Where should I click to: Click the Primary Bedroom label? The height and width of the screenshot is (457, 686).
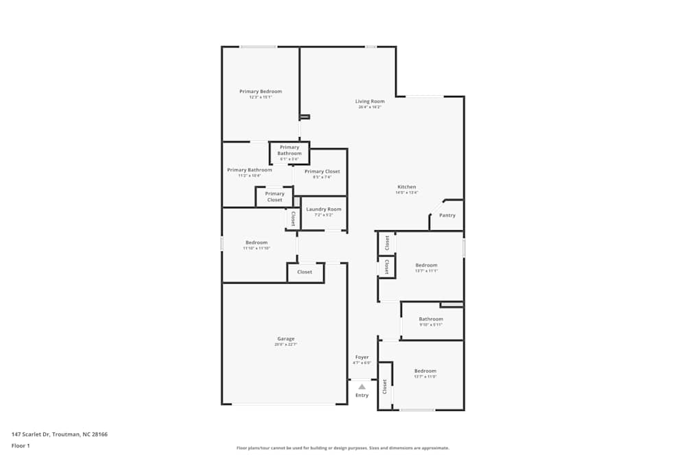[x=260, y=91]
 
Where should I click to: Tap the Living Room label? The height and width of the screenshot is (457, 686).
[x=370, y=101]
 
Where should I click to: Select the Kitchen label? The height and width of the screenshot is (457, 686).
[x=407, y=187]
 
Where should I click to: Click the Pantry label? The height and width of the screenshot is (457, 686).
[x=447, y=215]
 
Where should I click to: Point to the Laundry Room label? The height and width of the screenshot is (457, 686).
[x=324, y=209]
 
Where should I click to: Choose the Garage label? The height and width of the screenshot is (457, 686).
[x=285, y=338]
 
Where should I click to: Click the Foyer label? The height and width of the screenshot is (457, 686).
[x=362, y=357]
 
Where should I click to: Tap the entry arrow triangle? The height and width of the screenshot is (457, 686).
[x=362, y=387]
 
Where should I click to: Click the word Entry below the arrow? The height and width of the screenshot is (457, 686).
[x=362, y=395]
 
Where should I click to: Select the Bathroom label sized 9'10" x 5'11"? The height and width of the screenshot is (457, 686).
[x=431, y=319]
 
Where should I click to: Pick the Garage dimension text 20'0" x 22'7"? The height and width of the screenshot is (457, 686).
[x=285, y=345]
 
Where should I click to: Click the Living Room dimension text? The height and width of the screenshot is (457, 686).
[x=370, y=108]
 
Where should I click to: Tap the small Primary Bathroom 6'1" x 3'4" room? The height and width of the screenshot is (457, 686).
[x=289, y=153]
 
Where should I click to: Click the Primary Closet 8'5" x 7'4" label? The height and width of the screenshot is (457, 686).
[x=322, y=171]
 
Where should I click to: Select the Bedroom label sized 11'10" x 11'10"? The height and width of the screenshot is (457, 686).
[x=257, y=243]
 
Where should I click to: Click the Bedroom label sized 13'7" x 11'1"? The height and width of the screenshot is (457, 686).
[x=426, y=265]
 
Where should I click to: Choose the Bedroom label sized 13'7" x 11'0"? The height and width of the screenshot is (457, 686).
[x=425, y=371]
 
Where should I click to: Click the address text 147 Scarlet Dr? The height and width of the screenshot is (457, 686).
[x=59, y=434]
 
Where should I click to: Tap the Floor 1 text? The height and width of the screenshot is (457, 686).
[x=21, y=445]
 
